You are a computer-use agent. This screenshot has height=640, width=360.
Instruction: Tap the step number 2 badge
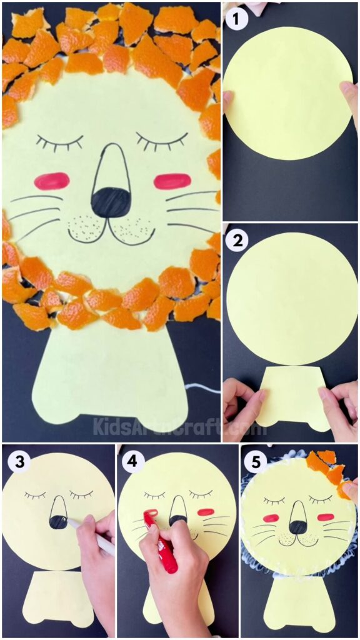[x=238, y=241]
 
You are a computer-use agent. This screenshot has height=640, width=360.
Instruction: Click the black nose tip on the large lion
[x=110, y=202]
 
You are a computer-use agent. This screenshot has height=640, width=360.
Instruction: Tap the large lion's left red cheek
[x=51, y=181]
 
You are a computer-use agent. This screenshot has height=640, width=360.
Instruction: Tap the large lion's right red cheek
[x=172, y=181]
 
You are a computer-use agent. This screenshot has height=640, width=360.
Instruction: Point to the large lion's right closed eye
[x=162, y=140]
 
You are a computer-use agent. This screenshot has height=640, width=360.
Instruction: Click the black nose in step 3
[x=58, y=521]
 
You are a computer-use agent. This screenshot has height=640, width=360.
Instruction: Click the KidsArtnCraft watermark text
[x=172, y=427]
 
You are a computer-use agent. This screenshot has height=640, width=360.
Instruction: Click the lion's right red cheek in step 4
[x=206, y=512]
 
